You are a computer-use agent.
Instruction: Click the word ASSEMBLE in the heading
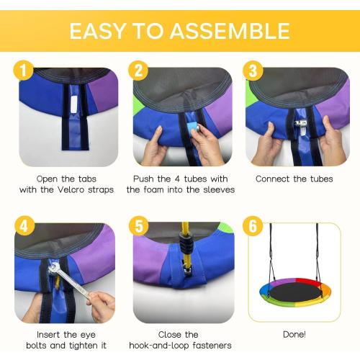point(230,31)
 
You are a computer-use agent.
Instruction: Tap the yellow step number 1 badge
point(23,70)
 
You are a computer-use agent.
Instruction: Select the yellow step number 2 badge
point(138,70)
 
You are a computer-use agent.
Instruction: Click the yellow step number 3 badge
point(253,70)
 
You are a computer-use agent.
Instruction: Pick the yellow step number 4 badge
point(24,226)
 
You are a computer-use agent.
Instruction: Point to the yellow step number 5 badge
point(139,226)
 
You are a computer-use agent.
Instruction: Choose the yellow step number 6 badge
point(253,226)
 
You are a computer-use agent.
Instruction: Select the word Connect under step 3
point(273,179)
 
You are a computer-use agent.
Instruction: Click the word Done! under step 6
point(294,334)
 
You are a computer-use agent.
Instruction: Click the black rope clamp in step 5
point(186,243)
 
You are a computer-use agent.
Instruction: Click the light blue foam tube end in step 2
point(194,129)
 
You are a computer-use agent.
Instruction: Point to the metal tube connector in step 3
point(301,124)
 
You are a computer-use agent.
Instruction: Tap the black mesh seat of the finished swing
point(295,292)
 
